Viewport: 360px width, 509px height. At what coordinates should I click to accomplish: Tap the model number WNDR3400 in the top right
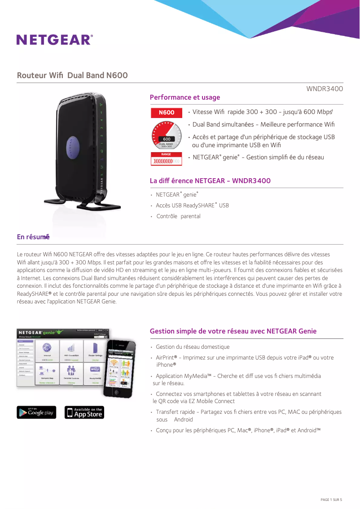click(325, 89)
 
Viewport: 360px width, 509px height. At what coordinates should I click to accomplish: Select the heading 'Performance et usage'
click(184, 97)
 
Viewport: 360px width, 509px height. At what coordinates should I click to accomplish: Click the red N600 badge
click(166, 112)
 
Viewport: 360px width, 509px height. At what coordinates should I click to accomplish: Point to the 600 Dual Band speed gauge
click(166, 136)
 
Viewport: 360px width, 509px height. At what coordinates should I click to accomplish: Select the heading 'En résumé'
click(33, 237)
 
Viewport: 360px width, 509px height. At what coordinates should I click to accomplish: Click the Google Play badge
click(36, 412)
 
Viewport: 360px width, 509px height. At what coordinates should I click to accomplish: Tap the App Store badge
click(84, 412)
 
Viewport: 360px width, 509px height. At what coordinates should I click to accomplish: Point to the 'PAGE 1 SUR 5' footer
click(331, 500)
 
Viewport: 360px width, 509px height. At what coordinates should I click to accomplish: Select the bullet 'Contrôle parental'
click(178, 216)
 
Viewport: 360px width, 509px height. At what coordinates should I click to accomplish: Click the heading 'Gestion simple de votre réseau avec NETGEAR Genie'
click(233, 331)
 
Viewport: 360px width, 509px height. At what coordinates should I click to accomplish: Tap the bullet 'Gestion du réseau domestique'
click(193, 347)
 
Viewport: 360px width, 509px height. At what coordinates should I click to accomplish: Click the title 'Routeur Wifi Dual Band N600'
click(72, 75)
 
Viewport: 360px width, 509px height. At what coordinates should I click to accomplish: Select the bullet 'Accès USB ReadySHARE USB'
click(192, 206)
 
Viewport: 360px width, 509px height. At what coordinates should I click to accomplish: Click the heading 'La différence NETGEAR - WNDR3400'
click(210, 181)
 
